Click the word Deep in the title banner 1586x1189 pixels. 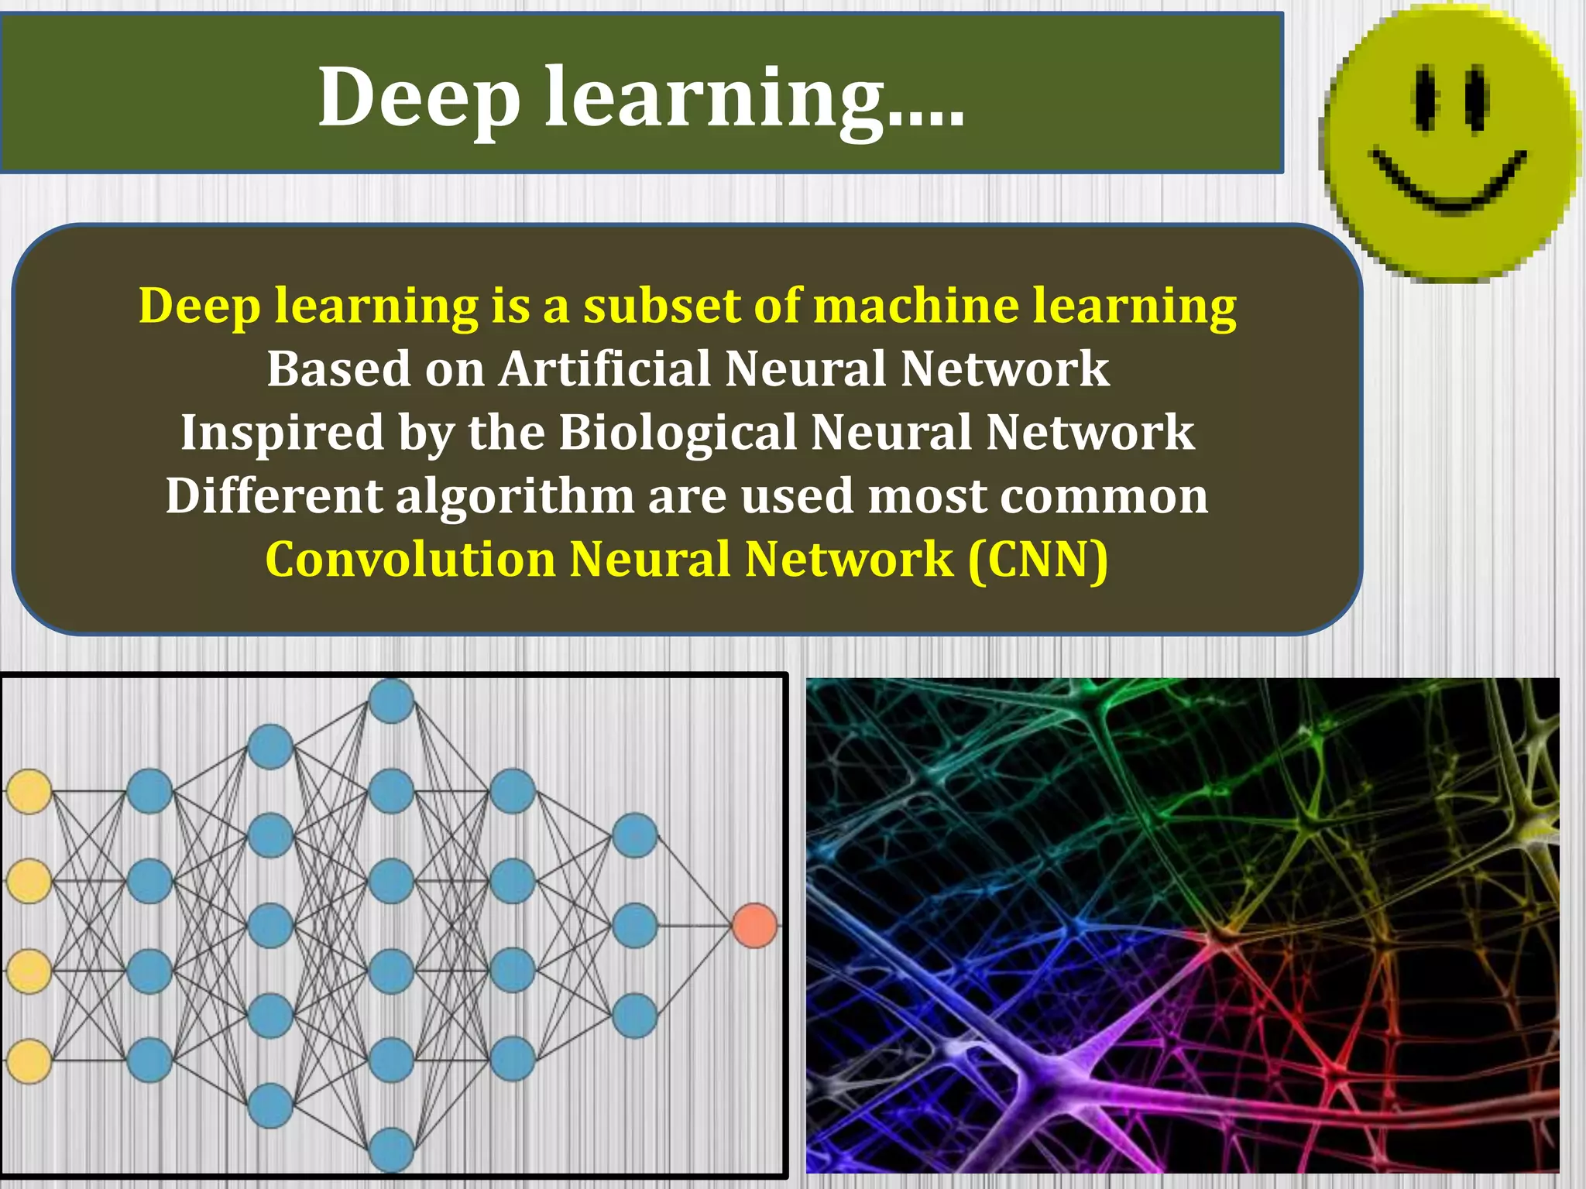tap(418, 98)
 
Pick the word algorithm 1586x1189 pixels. tap(515, 495)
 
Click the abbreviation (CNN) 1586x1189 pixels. tap(1038, 559)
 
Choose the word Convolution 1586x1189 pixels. tap(410, 559)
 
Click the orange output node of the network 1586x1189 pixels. tap(754, 925)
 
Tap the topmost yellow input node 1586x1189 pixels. tap(29, 791)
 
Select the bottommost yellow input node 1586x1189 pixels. tap(29, 1061)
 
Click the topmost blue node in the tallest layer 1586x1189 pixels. tap(391, 701)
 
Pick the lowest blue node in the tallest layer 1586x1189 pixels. tap(391, 1150)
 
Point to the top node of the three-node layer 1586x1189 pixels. tap(634, 835)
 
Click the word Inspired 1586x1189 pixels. tap(282, 432)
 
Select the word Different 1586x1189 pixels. tap(273, 495)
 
